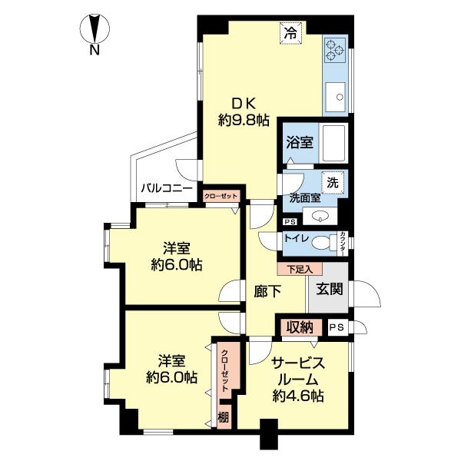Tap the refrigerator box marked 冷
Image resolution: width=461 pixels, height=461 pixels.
[290, 33]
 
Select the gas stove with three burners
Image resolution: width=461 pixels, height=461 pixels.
[335, 51]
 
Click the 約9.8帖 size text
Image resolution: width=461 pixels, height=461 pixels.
[244, 120]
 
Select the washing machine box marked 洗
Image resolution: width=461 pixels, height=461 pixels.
[333, 183]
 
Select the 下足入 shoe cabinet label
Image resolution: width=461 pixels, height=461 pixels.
[300, 270]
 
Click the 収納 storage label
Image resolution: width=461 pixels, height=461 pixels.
[300, 327]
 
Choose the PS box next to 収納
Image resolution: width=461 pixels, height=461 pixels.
[335, 327]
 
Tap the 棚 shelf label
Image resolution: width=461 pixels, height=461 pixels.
[223, 418]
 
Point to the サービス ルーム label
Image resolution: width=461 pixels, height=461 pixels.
[297, 373]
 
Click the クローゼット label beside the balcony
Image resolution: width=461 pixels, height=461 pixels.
[221, 196]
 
